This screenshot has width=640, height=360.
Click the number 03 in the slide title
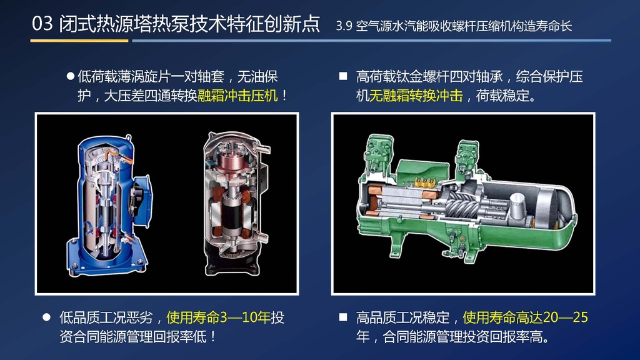point(42,24)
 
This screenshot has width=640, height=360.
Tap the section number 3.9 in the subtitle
point(344,26)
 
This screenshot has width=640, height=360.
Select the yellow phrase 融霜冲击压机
point(237,96)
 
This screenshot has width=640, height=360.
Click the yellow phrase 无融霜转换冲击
point(416,96)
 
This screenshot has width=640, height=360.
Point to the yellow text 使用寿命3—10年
point(218,317)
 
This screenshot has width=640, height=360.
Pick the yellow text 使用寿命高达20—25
point(525,317)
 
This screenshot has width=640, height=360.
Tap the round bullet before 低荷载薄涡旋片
point(71,76)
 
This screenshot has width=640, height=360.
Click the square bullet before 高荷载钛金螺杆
point(343,76)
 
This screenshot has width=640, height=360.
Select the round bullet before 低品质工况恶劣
point(46,317)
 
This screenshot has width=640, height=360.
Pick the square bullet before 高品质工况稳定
point(343,317)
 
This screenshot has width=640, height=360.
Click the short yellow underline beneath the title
point(79,41)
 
